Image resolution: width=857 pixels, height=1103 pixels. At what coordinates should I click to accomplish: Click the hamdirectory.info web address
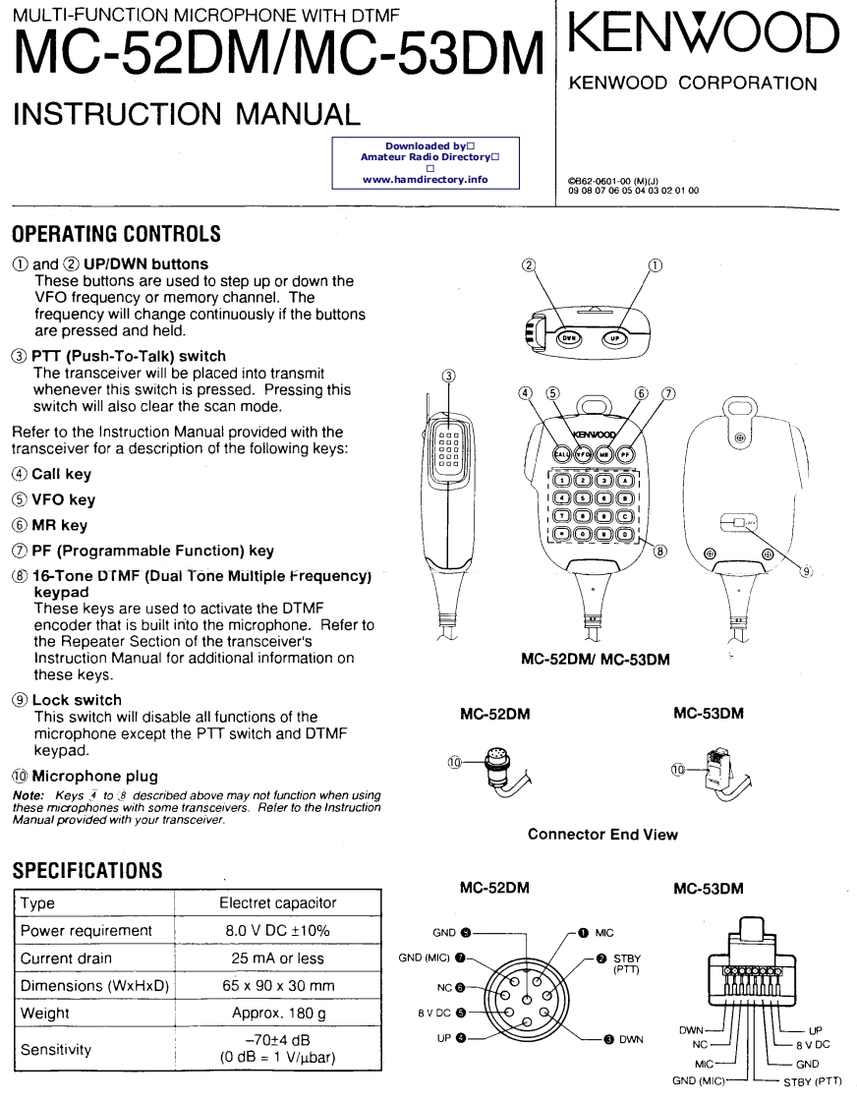click(x=425, y=180)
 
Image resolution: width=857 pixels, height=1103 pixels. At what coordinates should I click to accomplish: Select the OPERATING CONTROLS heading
click(x=116, y=235)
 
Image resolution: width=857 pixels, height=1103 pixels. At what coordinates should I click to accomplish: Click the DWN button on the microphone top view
click(x=569, y=337)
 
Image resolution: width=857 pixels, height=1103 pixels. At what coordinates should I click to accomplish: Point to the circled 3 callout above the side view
click(x=450, y=375)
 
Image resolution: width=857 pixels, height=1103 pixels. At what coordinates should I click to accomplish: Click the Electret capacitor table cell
click(x=277, y=903)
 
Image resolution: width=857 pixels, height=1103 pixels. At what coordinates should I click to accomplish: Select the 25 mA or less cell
click(x=277, y=958)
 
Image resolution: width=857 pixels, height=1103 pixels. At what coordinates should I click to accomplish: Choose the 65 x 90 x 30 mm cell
click(x=277, y=984)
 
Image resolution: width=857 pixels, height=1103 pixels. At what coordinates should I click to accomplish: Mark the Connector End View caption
click(x=602, y=835)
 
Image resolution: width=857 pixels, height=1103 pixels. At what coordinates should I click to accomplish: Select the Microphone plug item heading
click(x=94, y=776)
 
